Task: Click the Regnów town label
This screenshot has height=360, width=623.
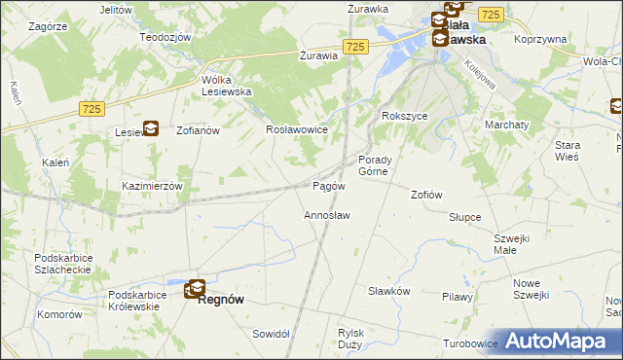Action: (220, 301)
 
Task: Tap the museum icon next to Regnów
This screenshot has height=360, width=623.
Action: (196, 288)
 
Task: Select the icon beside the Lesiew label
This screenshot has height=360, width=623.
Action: (151, 127)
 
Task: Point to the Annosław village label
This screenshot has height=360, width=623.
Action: (327, 214)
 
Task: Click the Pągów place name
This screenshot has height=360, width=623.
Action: (329, 186)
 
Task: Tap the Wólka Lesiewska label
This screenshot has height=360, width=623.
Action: (226, 86)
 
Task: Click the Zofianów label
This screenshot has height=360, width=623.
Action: (199, 129)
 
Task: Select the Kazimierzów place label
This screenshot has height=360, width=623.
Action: (152, 185)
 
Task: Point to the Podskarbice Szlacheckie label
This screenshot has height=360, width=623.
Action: (62, 264)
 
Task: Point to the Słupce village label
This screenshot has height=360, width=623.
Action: (465, 217)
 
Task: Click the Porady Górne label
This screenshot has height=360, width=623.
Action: (375, 165)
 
